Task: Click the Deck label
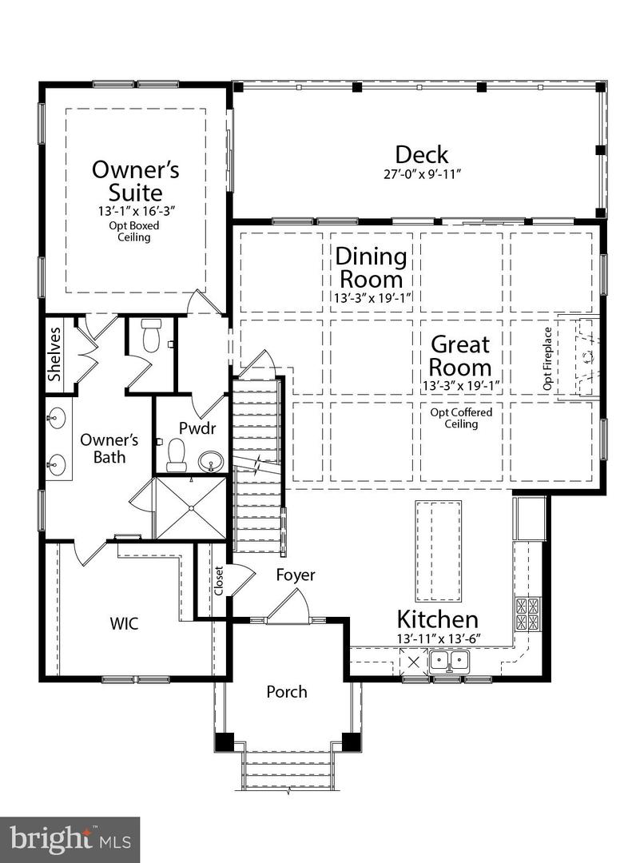422,155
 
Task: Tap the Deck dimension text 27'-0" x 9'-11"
422,174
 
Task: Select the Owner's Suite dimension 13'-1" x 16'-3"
136,211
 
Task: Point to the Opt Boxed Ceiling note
134,232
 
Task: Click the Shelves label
54,355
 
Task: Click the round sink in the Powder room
211,460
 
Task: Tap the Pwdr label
197,428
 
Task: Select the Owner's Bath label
109,448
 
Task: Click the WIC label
125,623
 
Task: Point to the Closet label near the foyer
218,581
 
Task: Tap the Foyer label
296,575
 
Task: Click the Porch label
287,692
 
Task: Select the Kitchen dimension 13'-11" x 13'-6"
439,638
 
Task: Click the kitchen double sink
449,661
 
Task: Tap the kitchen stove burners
527,614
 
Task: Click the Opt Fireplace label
547,359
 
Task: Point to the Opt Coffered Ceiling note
461,418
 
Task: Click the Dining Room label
372,268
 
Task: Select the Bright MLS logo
70,840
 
